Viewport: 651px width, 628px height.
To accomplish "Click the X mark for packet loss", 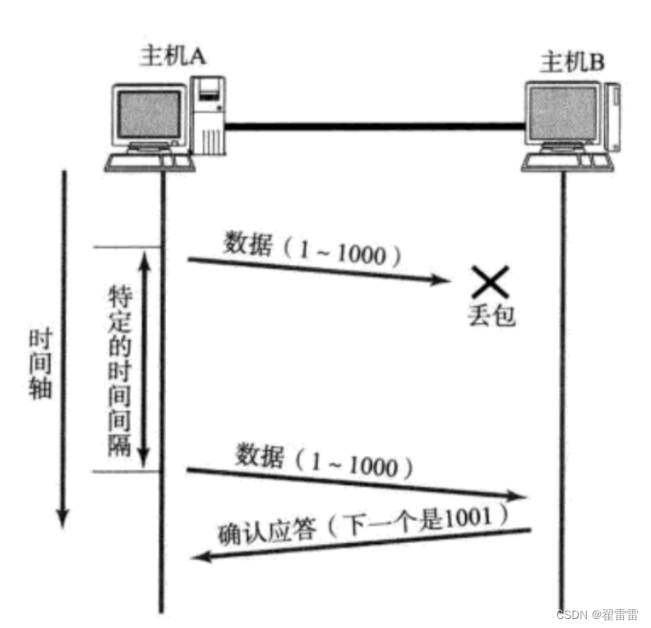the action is point(490,283).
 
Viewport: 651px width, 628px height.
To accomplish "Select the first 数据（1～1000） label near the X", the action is point(312,250).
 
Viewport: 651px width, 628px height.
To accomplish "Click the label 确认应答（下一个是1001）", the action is point(362,524).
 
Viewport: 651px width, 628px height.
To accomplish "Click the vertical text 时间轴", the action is point(39,363).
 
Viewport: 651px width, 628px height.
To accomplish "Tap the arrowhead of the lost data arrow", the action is point(444,281).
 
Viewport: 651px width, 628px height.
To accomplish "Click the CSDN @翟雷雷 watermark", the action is point(597,614).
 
